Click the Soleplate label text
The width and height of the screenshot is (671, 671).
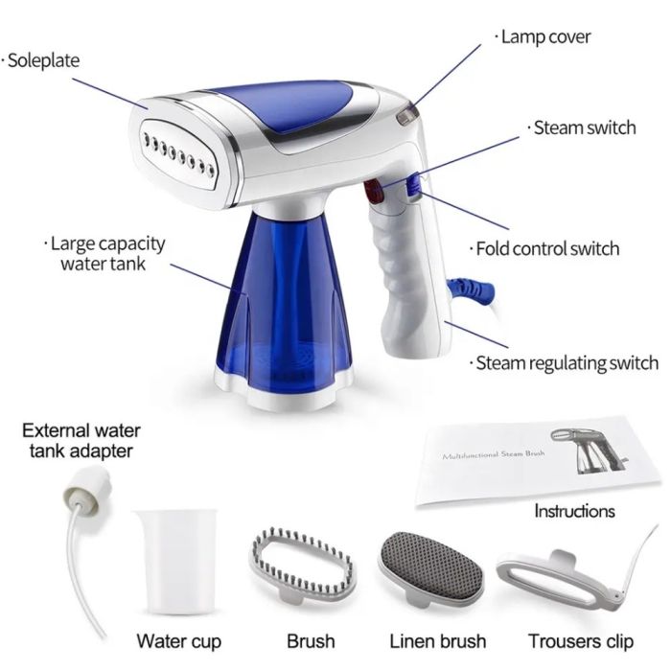[x=40, y=60]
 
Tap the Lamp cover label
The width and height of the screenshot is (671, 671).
[x=543, y=36]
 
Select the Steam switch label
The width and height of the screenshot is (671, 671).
[x=582, y=127]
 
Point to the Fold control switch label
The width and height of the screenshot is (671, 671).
[x=544, y=248]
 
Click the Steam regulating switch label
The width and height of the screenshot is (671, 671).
[x=564, y=363]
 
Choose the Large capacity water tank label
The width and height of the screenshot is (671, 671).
[x=104, y=253]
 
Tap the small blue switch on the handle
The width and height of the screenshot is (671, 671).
[x=413, y=186]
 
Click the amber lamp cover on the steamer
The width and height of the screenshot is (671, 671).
[x=407, y=115]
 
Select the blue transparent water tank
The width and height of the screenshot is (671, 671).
[x=284, y=308]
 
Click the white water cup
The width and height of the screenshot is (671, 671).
[x=176, y=561]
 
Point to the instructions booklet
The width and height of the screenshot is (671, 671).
[x=538, y=460]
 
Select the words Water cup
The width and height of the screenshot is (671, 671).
[x=179, y=641]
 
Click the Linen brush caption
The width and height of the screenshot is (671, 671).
[x=438, y=641]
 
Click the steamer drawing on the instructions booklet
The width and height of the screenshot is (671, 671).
[x=590, y=451]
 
